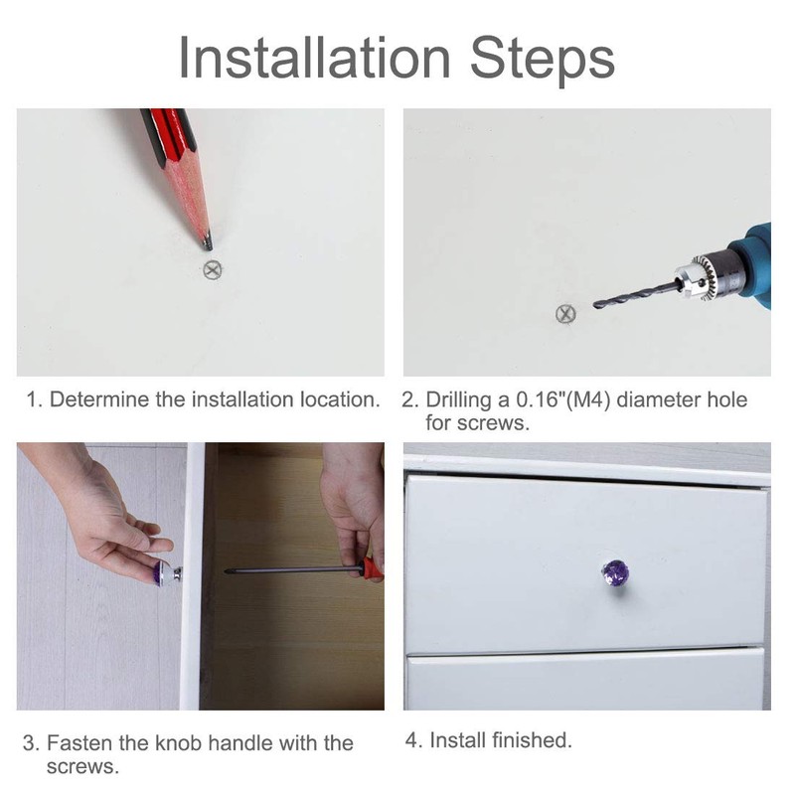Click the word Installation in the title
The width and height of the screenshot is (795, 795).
[315, 58]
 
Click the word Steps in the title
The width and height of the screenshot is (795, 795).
[543, 61]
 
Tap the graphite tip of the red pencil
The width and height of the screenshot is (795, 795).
[208, 242]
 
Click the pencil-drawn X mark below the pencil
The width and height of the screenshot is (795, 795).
[213, 270]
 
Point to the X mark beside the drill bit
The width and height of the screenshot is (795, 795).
[565, 314]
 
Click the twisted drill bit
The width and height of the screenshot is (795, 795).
[636, 295]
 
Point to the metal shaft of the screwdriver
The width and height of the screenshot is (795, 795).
[292, 570]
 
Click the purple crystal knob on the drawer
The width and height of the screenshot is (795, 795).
[615, 572]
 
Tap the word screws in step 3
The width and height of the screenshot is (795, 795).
[82, 767]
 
